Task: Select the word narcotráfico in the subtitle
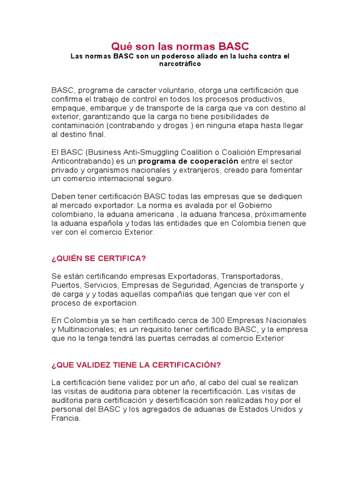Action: point(180,64)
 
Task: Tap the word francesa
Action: point(231,215)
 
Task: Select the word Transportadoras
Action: point(251,277)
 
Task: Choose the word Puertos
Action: point(65,285)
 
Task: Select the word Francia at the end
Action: point(65,418)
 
